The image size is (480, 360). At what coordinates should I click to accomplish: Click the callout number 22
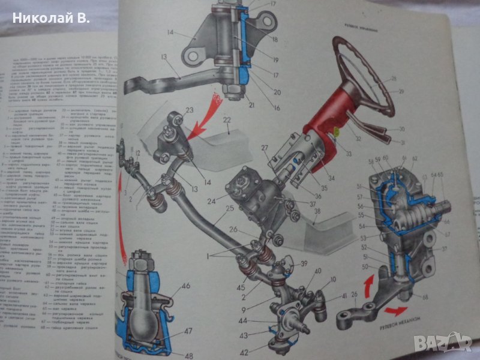coord(227,119)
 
